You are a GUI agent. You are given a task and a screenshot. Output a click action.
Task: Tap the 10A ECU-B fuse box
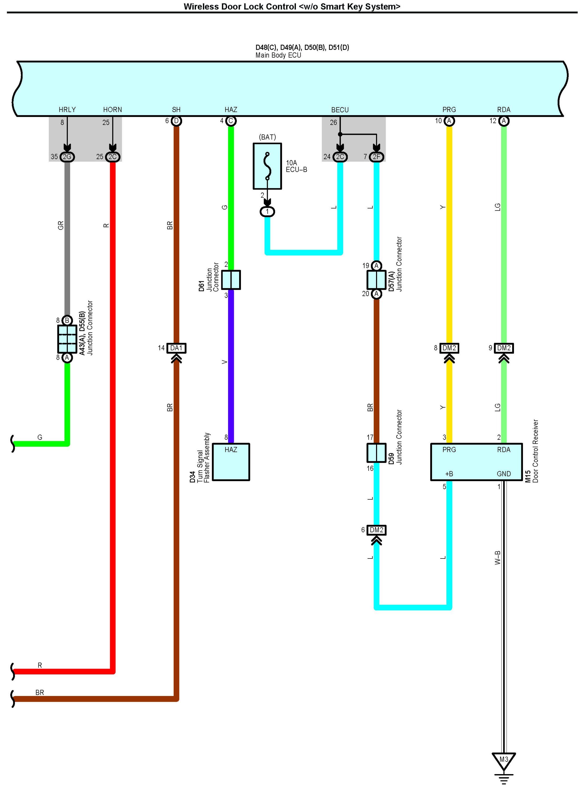pos(267,166)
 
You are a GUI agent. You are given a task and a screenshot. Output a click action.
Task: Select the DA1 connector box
pos(176,348)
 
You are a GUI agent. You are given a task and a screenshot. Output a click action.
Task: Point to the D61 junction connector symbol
pos(231,280)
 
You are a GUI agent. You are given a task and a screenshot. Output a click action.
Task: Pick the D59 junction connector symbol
pos(376,453)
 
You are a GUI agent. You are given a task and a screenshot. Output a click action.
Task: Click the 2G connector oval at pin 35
pos(67,157)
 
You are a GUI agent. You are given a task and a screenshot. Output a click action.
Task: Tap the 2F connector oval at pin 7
pos(376,157)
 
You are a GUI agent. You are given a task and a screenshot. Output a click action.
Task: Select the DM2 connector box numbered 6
pos(376,530)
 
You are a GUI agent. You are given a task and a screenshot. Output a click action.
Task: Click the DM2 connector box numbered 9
pos(504,348)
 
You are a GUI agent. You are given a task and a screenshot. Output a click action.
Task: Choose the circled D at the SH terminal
pos(176,121)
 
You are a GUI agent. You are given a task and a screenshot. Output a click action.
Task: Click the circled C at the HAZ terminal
pos(231,121)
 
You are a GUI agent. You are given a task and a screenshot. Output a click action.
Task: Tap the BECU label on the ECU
pos(340,110)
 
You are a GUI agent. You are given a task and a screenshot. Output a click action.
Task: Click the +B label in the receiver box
pos(449,474)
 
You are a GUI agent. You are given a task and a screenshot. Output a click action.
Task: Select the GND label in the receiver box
pos(504,474)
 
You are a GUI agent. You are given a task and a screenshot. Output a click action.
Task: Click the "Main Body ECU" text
pos(278,55)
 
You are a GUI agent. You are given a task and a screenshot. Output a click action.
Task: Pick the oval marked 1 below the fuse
pos(267,211)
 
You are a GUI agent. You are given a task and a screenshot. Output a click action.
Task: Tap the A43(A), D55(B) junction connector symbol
pos(67,339)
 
